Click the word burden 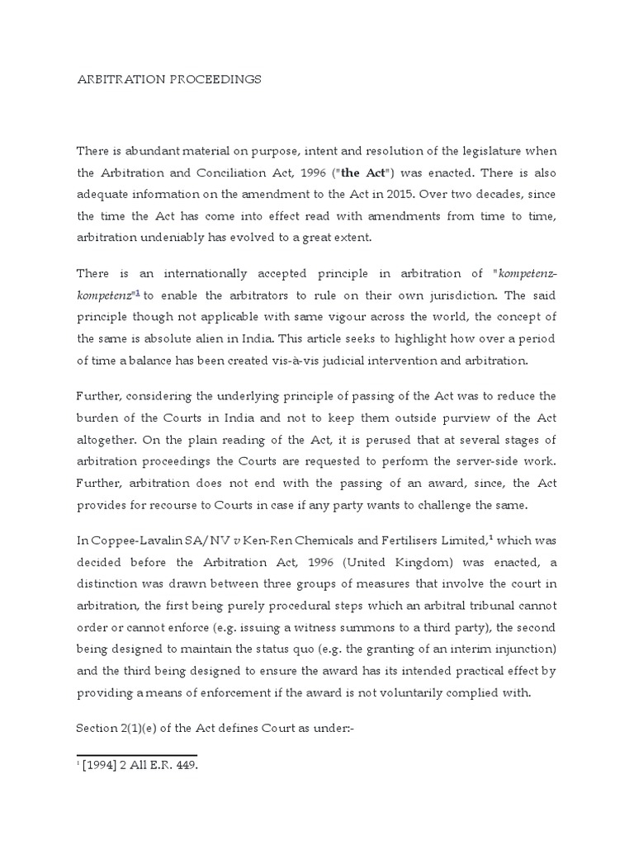[99, 418]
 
